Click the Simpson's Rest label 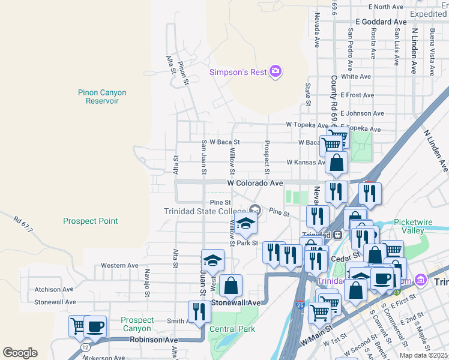237,73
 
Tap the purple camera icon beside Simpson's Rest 276,72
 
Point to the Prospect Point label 91,221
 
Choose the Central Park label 232,329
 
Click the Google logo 20,353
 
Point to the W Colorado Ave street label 255,183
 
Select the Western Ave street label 119,265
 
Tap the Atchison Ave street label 56,289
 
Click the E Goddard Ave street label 381,22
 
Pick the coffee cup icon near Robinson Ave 95,327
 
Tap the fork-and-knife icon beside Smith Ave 199,311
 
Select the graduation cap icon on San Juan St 212,260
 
